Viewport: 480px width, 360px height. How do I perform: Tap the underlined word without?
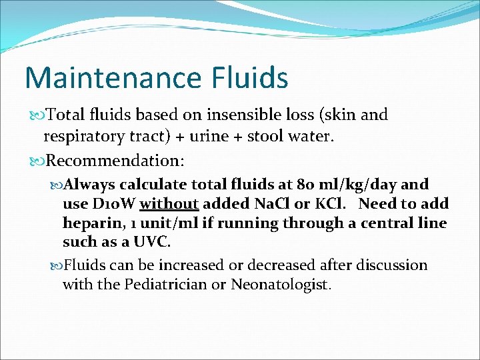(x=169, y=203)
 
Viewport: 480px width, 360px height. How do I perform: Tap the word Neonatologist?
(x=280, y=285)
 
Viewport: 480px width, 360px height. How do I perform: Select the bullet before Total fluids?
(x=35, y=115)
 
